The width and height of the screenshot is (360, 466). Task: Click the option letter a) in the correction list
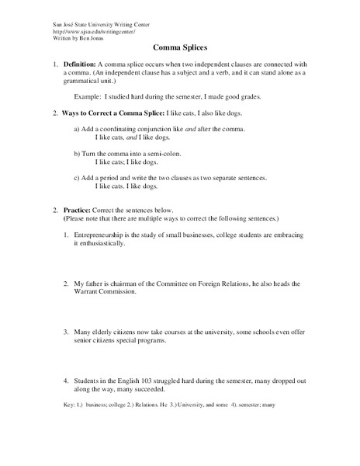78,129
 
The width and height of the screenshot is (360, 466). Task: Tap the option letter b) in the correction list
78,154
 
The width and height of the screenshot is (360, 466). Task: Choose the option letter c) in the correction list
78,179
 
